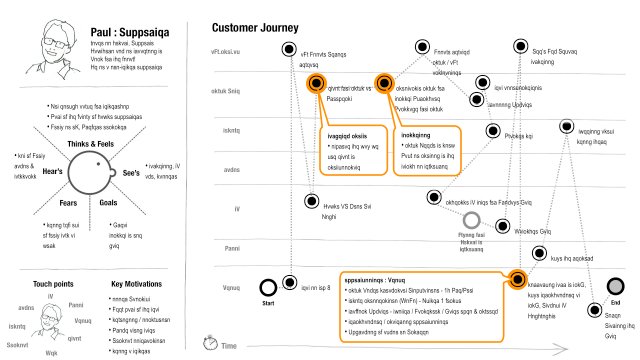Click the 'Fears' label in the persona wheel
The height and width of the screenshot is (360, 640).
59,202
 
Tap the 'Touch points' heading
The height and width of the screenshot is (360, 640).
41,284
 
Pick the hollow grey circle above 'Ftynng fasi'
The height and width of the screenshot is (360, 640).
471,219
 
